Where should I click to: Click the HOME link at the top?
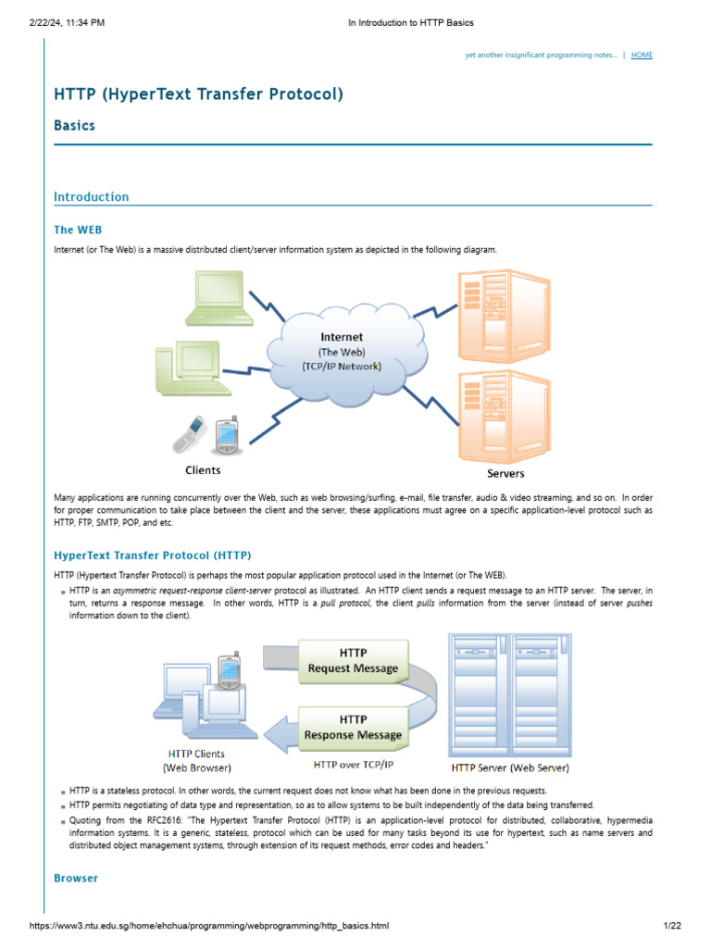(642, 56)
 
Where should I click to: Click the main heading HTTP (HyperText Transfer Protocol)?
(198, 94)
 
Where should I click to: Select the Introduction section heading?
(92, 196)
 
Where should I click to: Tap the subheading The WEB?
(78, 230)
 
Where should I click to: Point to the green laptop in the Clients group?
(215, 298)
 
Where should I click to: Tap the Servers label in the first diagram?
(505, 473)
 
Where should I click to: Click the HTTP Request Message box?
(353, 660)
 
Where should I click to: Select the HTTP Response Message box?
(353, 727)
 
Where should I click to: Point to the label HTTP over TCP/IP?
(353, 766)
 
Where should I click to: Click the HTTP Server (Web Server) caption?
(509, 767)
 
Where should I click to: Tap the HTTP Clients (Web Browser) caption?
(196, 760)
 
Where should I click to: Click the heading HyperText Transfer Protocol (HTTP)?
(153, 555)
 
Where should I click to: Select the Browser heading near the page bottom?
(76, 878)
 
